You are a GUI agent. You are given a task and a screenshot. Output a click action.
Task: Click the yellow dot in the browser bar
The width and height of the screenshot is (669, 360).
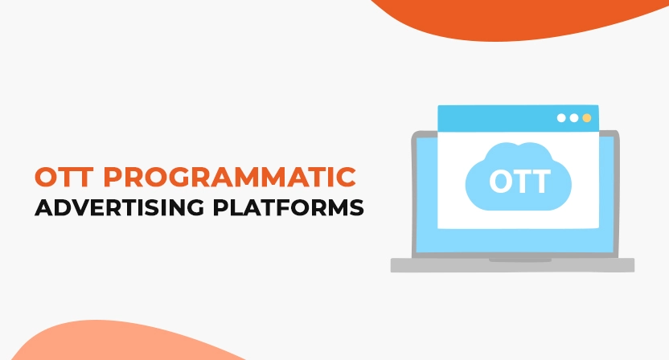(587, 118)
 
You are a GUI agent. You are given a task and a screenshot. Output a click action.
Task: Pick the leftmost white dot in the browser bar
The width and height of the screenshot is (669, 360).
(561, 118)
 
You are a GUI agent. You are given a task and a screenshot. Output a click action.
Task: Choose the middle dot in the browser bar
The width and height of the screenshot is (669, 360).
(574, 118)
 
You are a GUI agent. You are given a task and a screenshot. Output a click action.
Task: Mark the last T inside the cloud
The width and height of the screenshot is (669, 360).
(540, 181)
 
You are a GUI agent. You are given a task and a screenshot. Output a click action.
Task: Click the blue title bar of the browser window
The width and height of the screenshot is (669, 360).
(499, 118)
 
